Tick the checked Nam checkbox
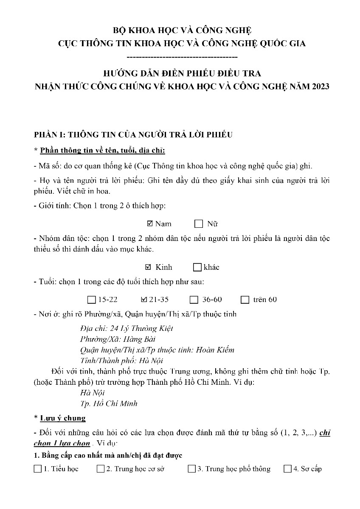(x=149, y=224)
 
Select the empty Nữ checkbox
(x=199, y=224)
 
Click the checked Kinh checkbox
(x=148, y=267)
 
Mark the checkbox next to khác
(x=197, y=267)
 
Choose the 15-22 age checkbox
(x=91, y=300)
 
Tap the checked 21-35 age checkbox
(x=143, y=299)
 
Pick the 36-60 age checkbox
(x=194, y=300)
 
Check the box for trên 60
(x=245, y=300)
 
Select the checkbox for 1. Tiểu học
(x=38, y=469)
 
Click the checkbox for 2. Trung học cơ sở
(x=101, y=469)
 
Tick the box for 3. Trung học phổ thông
(x=191, y=469)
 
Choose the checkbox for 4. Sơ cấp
(x=287, y=469)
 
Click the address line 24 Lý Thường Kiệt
(x=127, y=328)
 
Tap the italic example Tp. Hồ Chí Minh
(x=109, y=403)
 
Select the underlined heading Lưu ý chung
(x=63, y=418)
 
